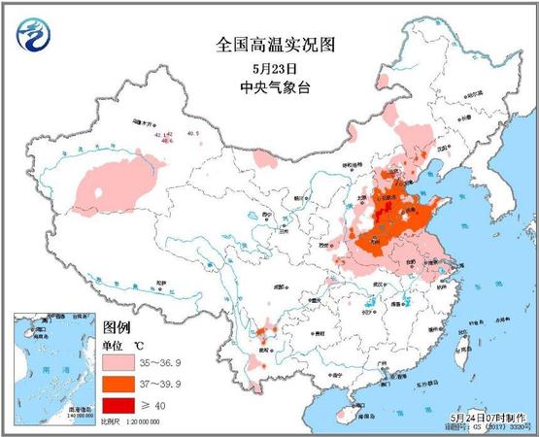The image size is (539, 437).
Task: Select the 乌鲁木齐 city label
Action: click(x=144, y=124)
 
